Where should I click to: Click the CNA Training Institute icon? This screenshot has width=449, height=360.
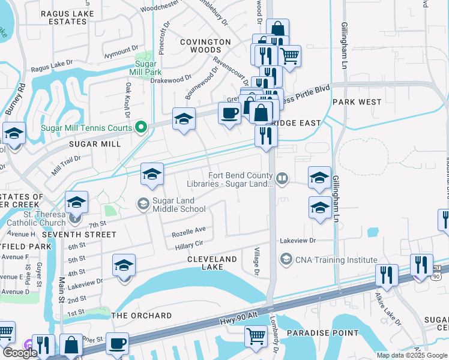point(286,259)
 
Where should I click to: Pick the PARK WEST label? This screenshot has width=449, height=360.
point(357,102)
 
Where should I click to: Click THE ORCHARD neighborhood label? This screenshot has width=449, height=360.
point(142,316)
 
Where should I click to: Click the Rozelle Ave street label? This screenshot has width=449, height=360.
point(188,229)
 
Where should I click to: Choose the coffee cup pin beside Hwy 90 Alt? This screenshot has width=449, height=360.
point(118,344)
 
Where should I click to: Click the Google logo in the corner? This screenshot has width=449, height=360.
point(20,353)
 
